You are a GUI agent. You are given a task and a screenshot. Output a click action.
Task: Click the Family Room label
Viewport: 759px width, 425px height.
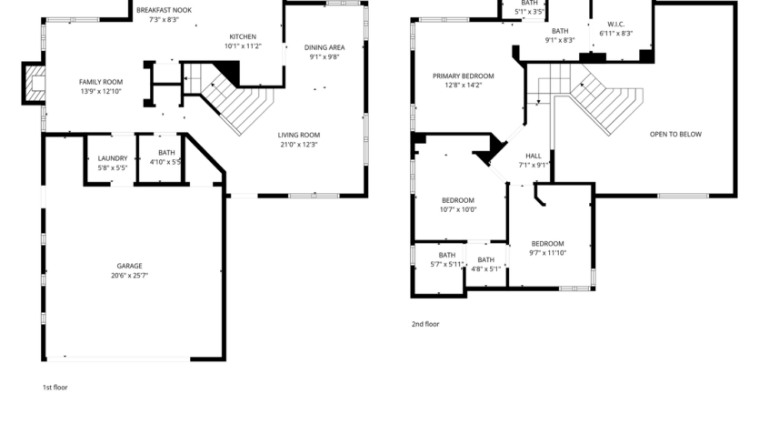(x=100, y=82)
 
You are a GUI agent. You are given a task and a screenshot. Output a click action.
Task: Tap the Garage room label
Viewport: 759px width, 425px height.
(x=128, y=266)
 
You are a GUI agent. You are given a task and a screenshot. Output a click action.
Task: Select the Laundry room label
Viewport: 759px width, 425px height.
(x=113, y=157)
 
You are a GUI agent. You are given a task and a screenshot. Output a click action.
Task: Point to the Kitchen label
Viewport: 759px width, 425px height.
(x=243, y=36)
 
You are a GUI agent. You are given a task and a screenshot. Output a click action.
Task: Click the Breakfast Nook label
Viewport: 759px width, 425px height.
(x=164, y=9)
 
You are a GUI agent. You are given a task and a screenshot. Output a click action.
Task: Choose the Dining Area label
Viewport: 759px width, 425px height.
(x=324, y=46)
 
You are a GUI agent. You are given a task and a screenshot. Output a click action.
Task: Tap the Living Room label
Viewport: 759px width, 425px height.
(x=298, y=135)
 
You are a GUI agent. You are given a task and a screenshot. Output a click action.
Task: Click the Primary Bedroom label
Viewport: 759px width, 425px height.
(x=463, y=76)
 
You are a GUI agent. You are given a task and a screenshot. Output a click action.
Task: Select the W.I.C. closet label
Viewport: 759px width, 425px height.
(x=615, y=24)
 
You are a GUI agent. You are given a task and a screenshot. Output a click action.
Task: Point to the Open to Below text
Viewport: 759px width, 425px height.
(x=675, y=134)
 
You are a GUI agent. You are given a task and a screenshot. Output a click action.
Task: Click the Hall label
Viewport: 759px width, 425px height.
(x=534, y=156)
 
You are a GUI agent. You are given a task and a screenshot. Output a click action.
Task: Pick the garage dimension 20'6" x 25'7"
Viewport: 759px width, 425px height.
(x=128, y=275)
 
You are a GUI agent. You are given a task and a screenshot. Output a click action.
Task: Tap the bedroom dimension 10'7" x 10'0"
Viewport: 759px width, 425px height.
(x=458, y=209)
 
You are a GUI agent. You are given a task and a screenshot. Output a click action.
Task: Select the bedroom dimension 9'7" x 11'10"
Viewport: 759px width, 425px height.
(x=547, y=252)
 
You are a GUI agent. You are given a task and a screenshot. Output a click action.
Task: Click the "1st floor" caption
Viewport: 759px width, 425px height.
(x=55, y=387)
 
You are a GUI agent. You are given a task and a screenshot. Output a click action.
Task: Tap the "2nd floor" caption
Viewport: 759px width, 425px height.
(x=425, y=323)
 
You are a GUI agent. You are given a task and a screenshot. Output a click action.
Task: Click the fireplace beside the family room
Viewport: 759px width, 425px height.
(x=34, y=84)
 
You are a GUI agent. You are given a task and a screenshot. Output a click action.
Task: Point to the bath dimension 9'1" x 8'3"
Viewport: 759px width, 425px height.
(x=559, y=40)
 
